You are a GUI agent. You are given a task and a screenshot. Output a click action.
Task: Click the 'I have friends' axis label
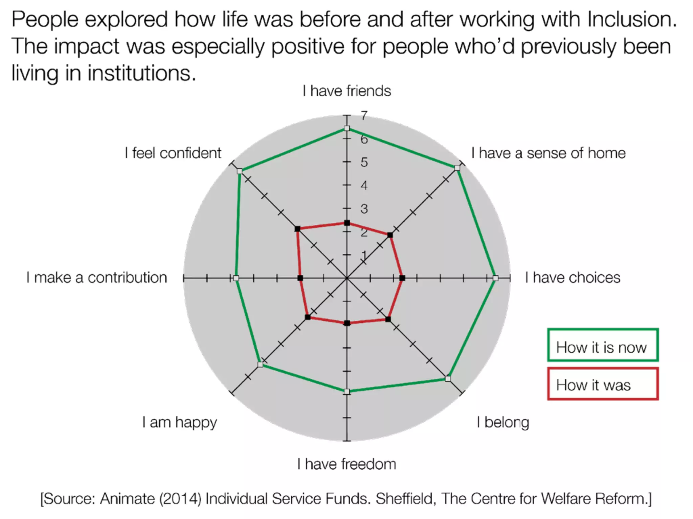coord(346,91)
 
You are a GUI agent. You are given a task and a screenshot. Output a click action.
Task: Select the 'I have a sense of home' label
coord(548,153)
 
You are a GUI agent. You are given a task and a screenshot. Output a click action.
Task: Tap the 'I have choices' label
coord(573,277)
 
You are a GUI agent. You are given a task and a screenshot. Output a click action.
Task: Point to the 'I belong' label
coord(503,422)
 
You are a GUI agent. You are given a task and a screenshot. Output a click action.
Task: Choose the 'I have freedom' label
coord(346,464)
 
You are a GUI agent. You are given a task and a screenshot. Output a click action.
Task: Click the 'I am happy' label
coord(179,422)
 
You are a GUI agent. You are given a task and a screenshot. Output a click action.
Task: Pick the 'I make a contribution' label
coord(97,277)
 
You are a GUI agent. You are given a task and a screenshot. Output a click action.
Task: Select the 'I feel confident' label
coord(173,153)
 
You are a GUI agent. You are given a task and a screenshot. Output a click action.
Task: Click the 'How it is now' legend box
coord(603,345)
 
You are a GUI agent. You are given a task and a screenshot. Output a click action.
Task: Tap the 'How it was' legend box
coord(603,384)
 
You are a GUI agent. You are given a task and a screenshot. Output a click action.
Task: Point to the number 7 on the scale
coord(364,116)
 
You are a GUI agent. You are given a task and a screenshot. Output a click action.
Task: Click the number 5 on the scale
coord(364,162)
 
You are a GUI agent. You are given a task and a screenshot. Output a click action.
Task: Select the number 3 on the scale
coord(364,209)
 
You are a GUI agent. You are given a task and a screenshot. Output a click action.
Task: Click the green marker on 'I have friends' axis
coord(346,128)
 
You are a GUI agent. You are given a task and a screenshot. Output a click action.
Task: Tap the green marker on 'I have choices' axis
coord(495,278)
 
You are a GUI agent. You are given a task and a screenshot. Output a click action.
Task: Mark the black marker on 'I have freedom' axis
coord(346,323)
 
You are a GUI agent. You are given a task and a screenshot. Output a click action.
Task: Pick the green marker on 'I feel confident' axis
coord(240,171)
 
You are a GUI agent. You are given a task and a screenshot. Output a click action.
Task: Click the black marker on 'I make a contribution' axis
coord(300,278)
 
